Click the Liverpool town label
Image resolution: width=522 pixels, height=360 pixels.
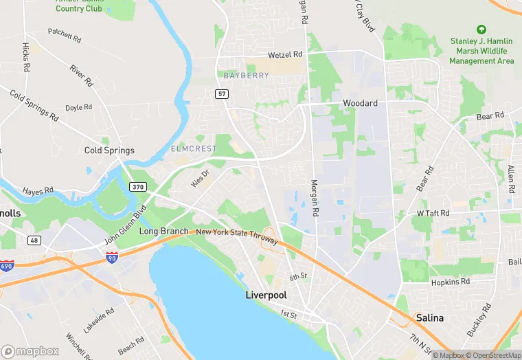click(266, 295)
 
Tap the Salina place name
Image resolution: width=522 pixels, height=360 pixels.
click(429, 318)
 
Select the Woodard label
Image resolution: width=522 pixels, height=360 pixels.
click(360, 103)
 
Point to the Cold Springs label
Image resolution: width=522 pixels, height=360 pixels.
click(109, 150)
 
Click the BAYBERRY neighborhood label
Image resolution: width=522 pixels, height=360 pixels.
click(247, 76)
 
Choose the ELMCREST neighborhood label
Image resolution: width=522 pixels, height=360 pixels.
click(194, 148)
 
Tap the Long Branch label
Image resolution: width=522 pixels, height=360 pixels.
click(163, 232)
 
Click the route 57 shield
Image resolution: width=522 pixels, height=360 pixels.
click(221, 94)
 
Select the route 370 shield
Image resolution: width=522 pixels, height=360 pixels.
click(137, 187)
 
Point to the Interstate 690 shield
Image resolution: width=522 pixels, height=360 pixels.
click(7, 265)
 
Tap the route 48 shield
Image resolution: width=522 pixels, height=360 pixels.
click(34, 240)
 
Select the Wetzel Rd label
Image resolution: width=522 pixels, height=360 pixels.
click(285, 54)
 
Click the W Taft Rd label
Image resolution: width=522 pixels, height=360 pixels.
click(434, 214)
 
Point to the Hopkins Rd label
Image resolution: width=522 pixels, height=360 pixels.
click(451, 282)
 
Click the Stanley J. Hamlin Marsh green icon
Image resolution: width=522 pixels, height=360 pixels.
click(481, 30)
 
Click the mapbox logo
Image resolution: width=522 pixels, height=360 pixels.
click(31, 351)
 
